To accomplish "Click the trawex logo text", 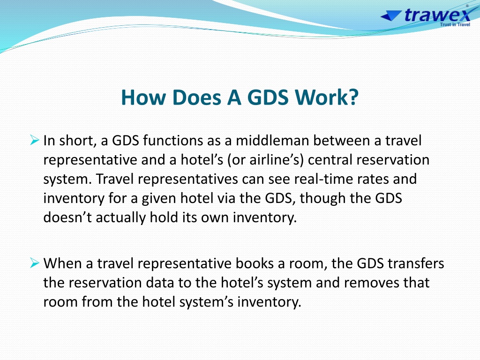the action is click(437, 15).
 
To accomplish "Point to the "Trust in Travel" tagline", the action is click(455, 24).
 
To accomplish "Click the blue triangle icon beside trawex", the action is click(391, 15).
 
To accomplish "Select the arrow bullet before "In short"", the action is click(35, 140).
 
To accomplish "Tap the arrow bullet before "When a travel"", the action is click(35, 263).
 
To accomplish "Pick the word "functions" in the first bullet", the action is click(172, 141).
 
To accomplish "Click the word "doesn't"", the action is click(67, 217).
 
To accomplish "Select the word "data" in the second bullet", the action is click(159, 283).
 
